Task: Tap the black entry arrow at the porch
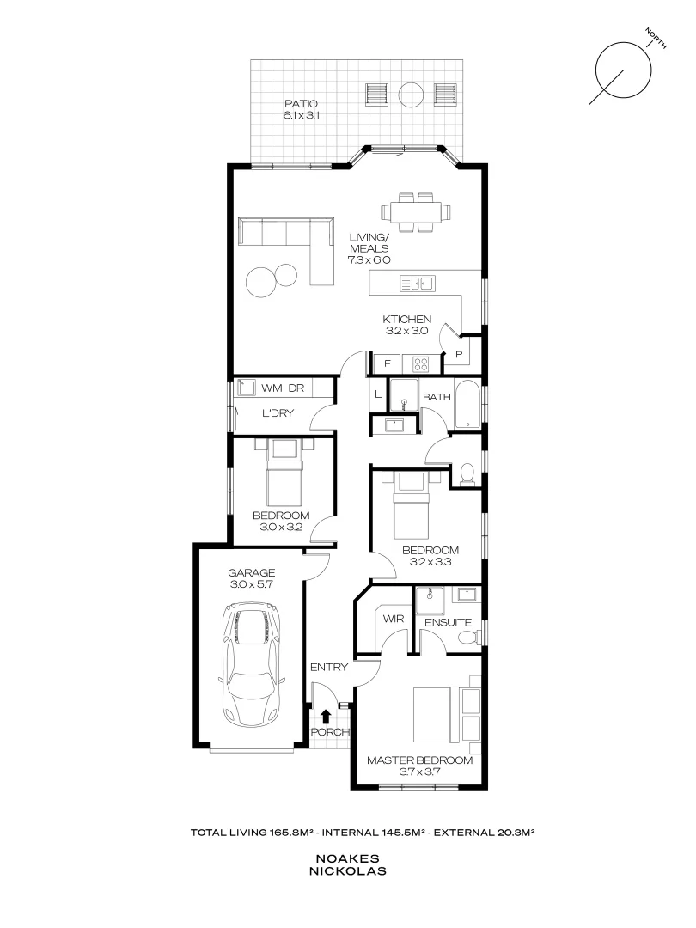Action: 326,715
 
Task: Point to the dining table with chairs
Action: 417,211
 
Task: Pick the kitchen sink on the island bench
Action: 419,282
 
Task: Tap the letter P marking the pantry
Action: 459,353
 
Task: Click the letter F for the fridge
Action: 388,363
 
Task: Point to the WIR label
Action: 393,619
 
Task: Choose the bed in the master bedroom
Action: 443,714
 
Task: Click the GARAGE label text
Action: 251,573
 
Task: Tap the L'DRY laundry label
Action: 278,413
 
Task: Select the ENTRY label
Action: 329,667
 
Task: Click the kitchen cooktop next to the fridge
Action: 420,363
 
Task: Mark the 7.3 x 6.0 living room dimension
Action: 369,259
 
